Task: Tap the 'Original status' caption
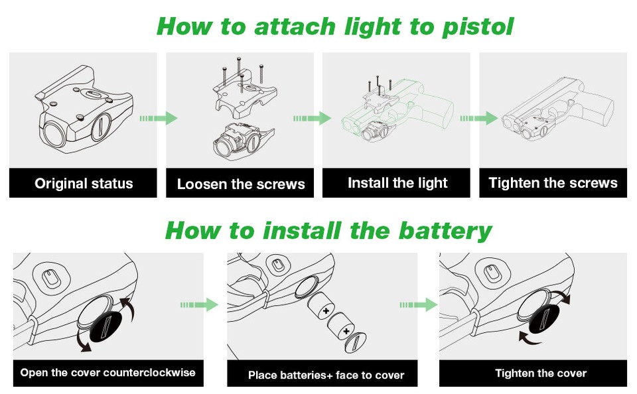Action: click(84, 183)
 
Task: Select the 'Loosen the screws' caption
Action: click(241, 184)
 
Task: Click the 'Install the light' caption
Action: click(397, 182)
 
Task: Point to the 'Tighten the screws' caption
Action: click(553, 182)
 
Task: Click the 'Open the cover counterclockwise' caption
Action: click(107, 372)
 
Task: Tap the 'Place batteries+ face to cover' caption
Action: click(326, 375)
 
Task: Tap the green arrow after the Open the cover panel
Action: click(199, 304)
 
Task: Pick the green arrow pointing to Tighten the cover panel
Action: click(419, 304)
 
